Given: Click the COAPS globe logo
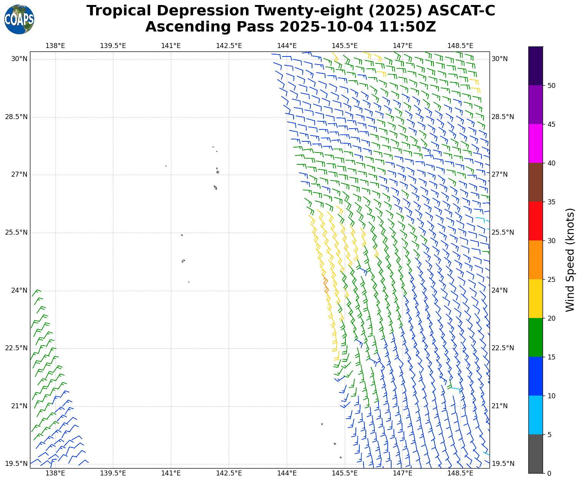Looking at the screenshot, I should point(19,19).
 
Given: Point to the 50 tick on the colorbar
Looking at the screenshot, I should point(551,85).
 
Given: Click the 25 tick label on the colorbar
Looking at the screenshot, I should point(551,279).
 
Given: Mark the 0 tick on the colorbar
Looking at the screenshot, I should point(549,473).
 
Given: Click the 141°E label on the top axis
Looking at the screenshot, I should point(171,46).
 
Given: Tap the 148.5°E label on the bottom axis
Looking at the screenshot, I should point(460,473).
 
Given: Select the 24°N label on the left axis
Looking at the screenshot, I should point(19,290).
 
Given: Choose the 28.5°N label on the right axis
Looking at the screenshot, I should point(503,117).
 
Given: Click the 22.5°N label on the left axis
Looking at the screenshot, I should point(17,348).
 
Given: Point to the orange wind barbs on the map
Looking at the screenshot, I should point(325,284).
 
